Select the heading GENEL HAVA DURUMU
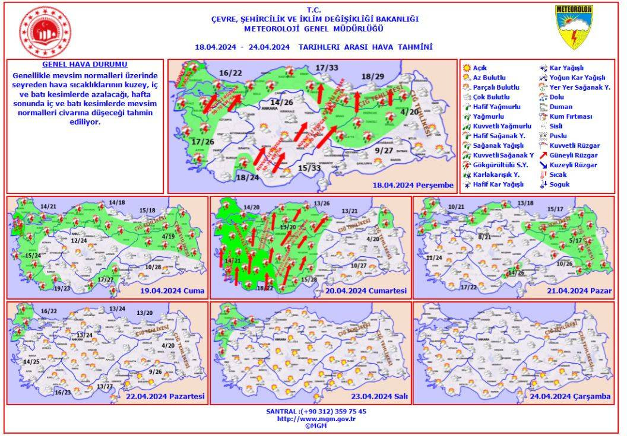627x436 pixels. [84, 64]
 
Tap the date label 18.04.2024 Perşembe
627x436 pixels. [413, 185]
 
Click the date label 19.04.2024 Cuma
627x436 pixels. [177, 291]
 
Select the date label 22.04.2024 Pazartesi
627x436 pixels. [164, 396]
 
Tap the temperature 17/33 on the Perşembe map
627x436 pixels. [327, 67]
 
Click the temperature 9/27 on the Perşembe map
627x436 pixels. [385, 151]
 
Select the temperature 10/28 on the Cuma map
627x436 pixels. [153, 267]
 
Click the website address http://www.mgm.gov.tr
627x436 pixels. [316, 419]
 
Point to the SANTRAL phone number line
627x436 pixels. [316, 411]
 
